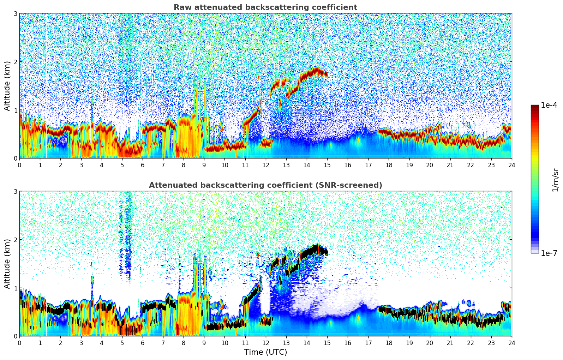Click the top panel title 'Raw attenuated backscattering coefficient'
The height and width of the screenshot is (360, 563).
tap(265, 7)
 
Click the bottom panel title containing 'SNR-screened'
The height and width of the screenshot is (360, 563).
tap(265, 185)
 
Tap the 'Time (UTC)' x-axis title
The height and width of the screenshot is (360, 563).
tap(265, 352)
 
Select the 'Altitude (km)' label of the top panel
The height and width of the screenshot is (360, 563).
tap(7, 86)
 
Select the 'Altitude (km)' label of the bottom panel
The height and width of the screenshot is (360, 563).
tap(7, 264)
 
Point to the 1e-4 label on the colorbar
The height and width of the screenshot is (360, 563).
tap(549, 105)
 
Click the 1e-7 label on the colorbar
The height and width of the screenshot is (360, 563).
tap(549, 253)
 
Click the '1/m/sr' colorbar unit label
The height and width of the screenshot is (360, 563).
tap(555, 180)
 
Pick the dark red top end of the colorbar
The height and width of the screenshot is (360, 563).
tap(535, 106)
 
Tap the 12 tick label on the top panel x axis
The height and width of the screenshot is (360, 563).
tap(265, 165)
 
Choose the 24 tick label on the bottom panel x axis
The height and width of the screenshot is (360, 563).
tap(511, 343)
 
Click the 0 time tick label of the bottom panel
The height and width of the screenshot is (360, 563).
tap(19, 343)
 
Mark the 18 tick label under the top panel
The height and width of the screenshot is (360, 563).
tap(389, 165)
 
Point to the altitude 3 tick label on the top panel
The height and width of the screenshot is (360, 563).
tap(15, 13)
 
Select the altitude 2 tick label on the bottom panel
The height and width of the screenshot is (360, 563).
tap(15, 240)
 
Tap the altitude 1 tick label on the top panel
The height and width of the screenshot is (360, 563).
tap(15, 110)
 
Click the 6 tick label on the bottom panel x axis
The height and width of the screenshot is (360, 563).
tap(143, 343)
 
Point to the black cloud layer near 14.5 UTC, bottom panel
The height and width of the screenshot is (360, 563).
tap(315, 248)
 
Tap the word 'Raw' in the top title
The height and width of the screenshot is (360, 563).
tap(181, 7)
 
